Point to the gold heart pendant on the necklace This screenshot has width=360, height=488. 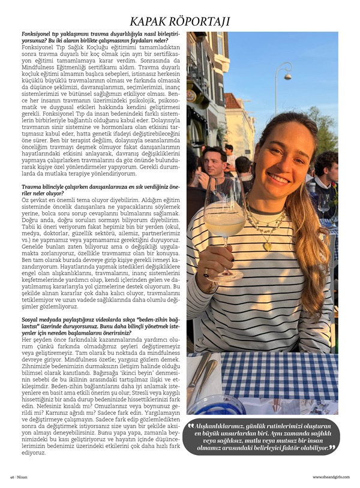268,245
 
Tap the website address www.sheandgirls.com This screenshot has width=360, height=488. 331,477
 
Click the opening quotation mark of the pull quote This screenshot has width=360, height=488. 191,426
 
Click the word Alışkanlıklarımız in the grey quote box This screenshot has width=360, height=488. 219,426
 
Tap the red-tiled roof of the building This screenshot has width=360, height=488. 232,101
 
